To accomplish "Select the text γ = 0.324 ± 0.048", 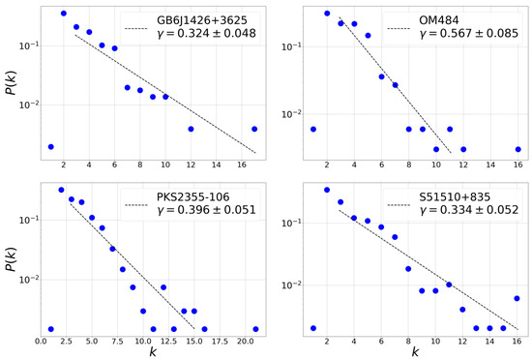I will tap(206, 36).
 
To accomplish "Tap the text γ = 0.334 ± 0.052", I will tap(458, 222).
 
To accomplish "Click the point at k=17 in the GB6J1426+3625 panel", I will tap(254, 129).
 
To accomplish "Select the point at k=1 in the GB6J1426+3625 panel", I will tap(50, 147).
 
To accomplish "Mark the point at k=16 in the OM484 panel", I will tap(518, 149).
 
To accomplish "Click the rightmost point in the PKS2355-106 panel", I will tap(255, 329).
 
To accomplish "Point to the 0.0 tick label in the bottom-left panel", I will tap(41, 342).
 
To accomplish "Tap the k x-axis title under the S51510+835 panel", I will tap(416, 353).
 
